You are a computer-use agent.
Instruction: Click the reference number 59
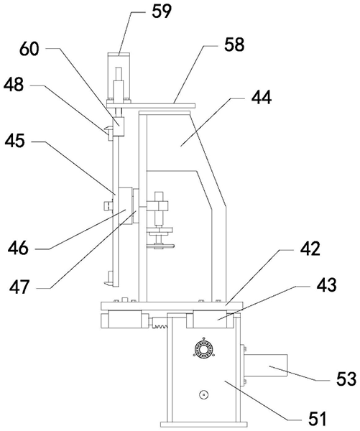162,11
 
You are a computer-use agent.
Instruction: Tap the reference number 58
234,45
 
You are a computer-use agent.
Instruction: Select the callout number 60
29,49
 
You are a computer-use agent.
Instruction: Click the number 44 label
262,97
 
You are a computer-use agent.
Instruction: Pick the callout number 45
14,141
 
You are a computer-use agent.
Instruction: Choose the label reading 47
19,287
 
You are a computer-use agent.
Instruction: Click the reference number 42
310,249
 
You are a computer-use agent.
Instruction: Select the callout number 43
326,284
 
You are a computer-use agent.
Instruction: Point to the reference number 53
346,379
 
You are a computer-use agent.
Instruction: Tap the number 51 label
317,419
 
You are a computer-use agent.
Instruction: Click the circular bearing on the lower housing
204,351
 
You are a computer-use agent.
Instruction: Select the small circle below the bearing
203,394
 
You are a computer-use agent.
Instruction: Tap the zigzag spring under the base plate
160,326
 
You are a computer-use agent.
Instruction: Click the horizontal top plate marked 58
151,106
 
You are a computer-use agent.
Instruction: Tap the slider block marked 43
210,320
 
